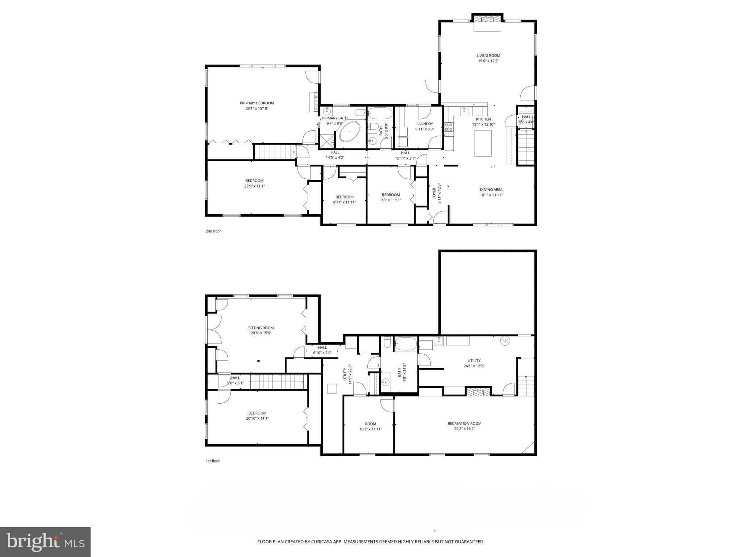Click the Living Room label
[488, 55]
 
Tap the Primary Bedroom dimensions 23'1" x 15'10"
[257, 108]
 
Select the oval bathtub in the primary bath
[350, 131]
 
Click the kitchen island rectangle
[483, 143]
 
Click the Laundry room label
[424, 124]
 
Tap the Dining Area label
[491, 189]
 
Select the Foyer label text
[434, 193]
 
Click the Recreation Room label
[464, 423]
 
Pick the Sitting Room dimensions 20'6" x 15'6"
[261, 333]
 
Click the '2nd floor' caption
[213, 231]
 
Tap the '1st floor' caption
[213, 461]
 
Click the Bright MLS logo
[45, 542]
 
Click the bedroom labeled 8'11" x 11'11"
[344, 199]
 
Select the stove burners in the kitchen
[449, 127]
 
